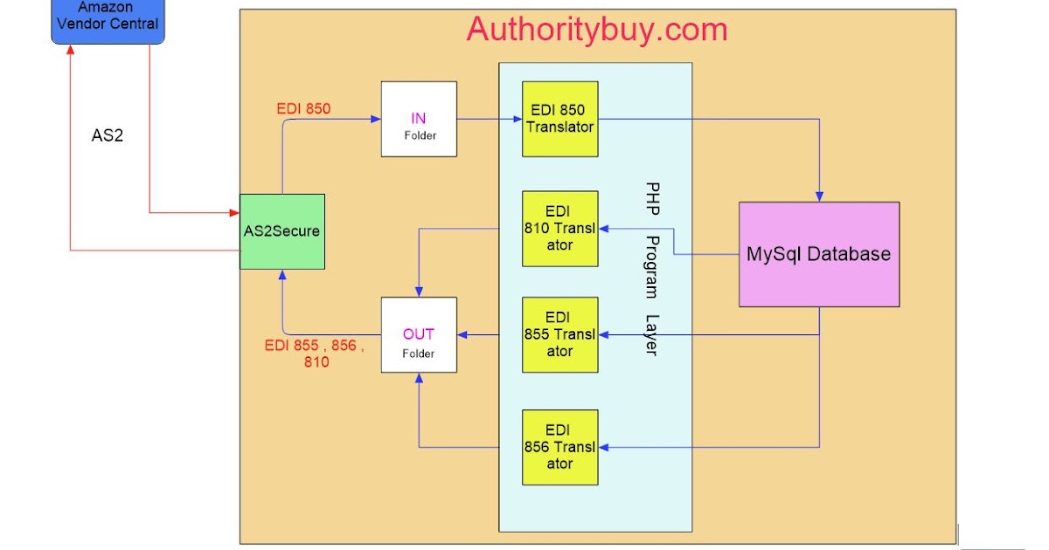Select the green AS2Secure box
click(282, 231)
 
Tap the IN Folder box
click(419, 119)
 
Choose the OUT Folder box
click(419, 334)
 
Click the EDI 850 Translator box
click(560, 119)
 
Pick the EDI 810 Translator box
click(560, 229)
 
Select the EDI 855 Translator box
click(560, 334)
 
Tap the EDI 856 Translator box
click(560, 447)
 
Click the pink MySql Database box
click(818, 254)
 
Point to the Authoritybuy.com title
click(597, 30)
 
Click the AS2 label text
click(108, 136)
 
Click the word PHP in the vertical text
click(652, 200)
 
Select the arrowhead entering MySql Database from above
click(819, 196)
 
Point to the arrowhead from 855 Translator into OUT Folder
click(464, 334)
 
